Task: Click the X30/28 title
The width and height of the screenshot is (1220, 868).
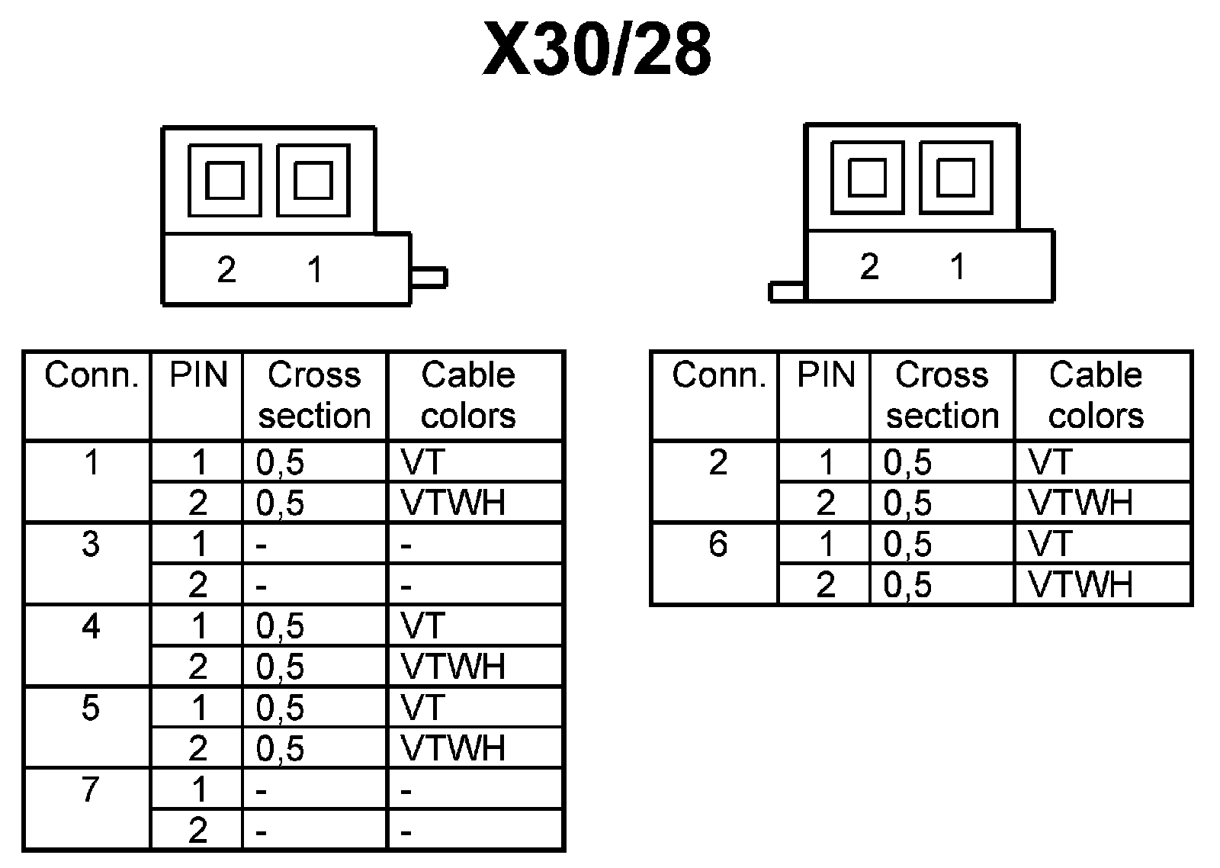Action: click(598, 50)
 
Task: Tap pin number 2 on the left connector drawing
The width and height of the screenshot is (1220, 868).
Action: click(226, 270)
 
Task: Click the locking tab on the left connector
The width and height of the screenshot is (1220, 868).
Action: click(429, 277)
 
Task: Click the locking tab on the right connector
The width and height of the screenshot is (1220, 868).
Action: click(787, 291)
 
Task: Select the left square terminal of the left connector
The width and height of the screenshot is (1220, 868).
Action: click(225, 181)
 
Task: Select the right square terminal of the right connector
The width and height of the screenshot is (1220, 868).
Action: click(955, 177)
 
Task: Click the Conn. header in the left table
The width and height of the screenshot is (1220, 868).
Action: click(91, 375)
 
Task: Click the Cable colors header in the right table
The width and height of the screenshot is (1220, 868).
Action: click(1096, 395)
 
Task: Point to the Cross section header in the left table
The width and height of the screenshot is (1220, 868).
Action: click(314, 395)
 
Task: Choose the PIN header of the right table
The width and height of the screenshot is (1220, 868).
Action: click(826, 375)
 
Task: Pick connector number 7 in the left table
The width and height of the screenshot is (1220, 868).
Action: click(91, 790)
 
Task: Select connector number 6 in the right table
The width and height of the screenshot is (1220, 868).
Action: click(718, 545)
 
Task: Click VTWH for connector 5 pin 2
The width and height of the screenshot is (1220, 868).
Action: click(453, 748)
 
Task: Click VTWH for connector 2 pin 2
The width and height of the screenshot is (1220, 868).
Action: click(1080, 503)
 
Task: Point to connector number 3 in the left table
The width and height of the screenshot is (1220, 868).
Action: click(91, 545)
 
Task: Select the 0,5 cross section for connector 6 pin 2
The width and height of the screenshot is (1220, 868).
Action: click(907, 585)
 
